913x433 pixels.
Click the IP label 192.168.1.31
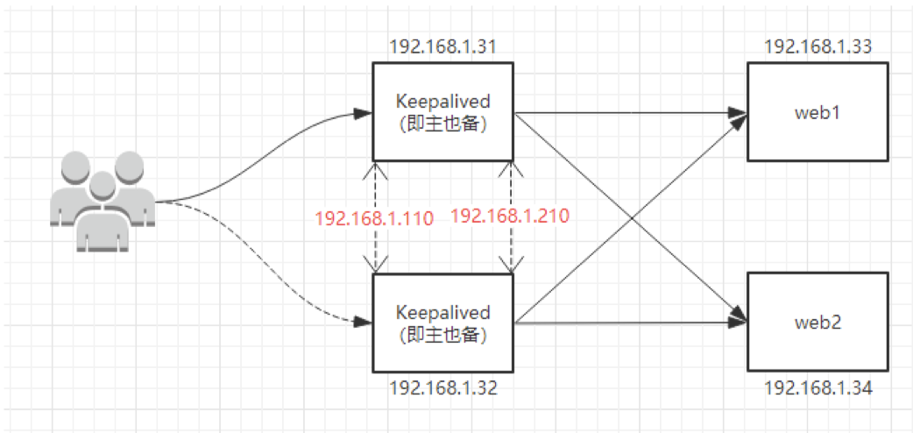[442, 46]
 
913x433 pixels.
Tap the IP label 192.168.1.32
[442, 386]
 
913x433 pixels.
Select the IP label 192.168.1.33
[817, 46]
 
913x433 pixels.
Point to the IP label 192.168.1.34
[817, 386]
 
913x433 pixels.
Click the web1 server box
[817, 112]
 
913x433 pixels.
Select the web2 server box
[817, 322]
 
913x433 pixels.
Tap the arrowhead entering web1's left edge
[740, 113]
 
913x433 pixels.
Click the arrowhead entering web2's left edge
[740, 323]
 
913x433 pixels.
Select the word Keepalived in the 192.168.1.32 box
[442, 313]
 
